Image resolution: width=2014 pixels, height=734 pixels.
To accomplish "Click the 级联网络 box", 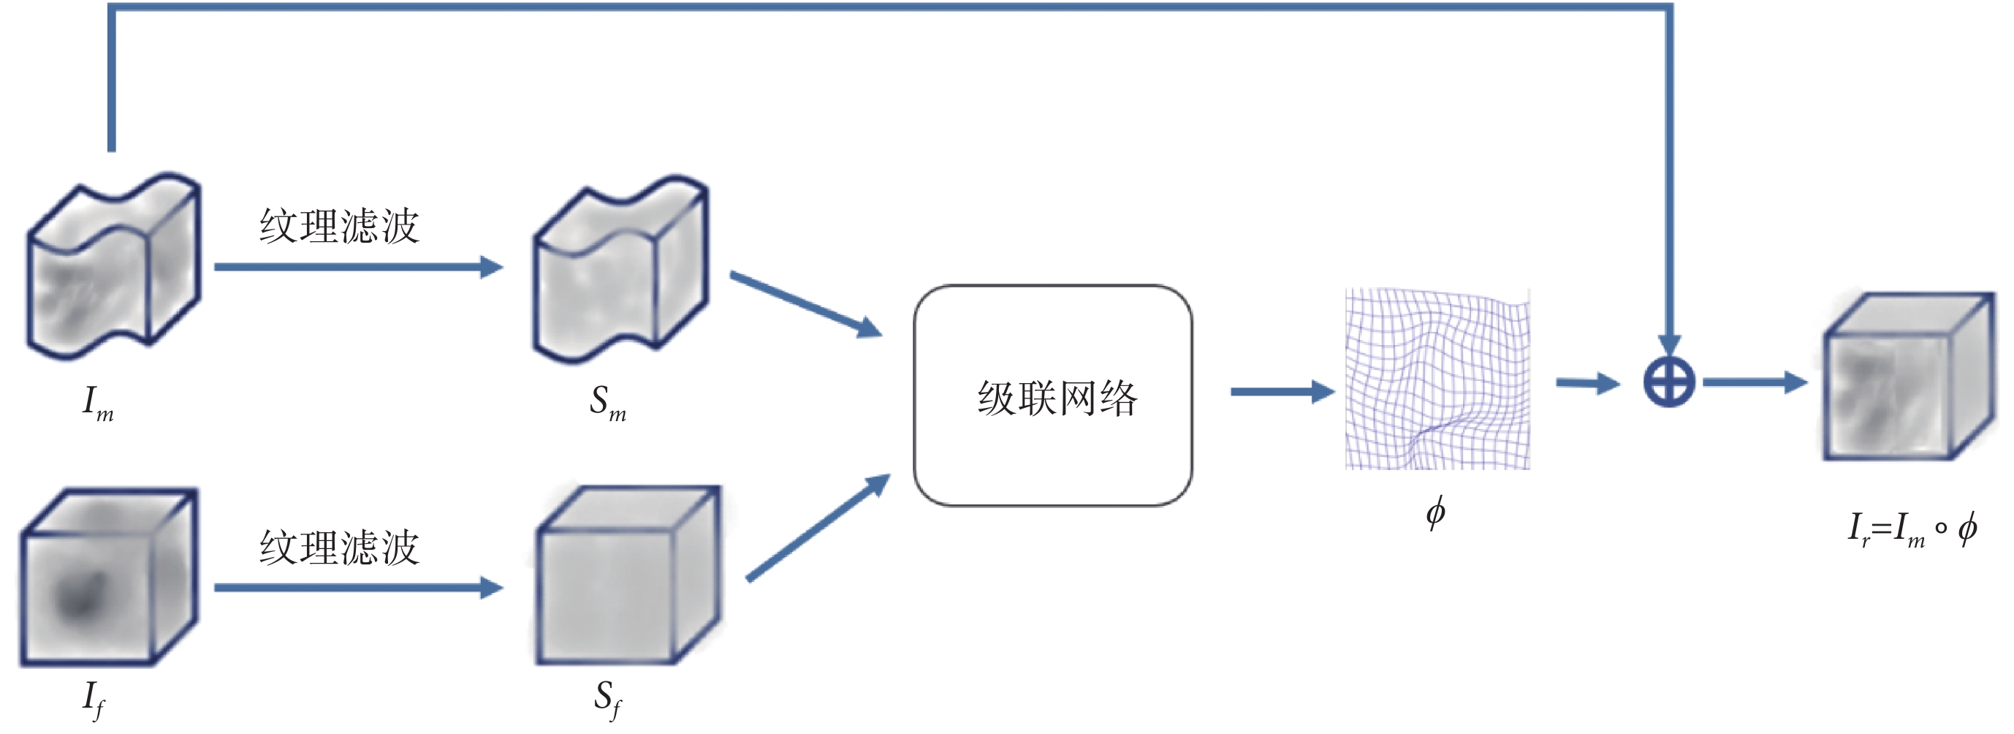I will click(1052, 396).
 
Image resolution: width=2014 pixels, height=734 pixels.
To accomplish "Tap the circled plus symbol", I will click(1668, 382).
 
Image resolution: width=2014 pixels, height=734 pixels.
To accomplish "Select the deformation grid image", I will click(1437, 379).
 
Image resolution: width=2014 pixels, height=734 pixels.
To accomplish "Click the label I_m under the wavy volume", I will click(99, 404).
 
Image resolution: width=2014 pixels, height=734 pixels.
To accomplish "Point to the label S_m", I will click(607, 404).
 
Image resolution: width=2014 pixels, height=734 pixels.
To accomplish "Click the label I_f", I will click(94, 699).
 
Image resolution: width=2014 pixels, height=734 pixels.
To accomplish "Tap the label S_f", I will click(607, 699).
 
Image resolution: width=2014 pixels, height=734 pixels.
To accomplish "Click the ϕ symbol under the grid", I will click(1435, 513).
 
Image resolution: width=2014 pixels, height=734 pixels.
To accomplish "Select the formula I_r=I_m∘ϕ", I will click(1912, 531).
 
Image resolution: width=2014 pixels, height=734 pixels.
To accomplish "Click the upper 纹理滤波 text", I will click(339, 226).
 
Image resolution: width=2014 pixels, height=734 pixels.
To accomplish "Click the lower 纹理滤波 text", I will click(339, 547).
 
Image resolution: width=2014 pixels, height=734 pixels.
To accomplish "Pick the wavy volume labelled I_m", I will click(114, 266).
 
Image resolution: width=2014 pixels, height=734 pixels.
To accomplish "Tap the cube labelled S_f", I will click(628, 576).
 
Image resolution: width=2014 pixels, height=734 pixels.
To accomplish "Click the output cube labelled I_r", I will click(1907, 377).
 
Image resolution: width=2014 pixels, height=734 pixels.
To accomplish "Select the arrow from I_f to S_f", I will click(358, 588).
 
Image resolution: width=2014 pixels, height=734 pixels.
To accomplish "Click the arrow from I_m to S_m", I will click(358, 267).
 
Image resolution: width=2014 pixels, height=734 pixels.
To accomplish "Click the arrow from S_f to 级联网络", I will click(817, 528).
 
